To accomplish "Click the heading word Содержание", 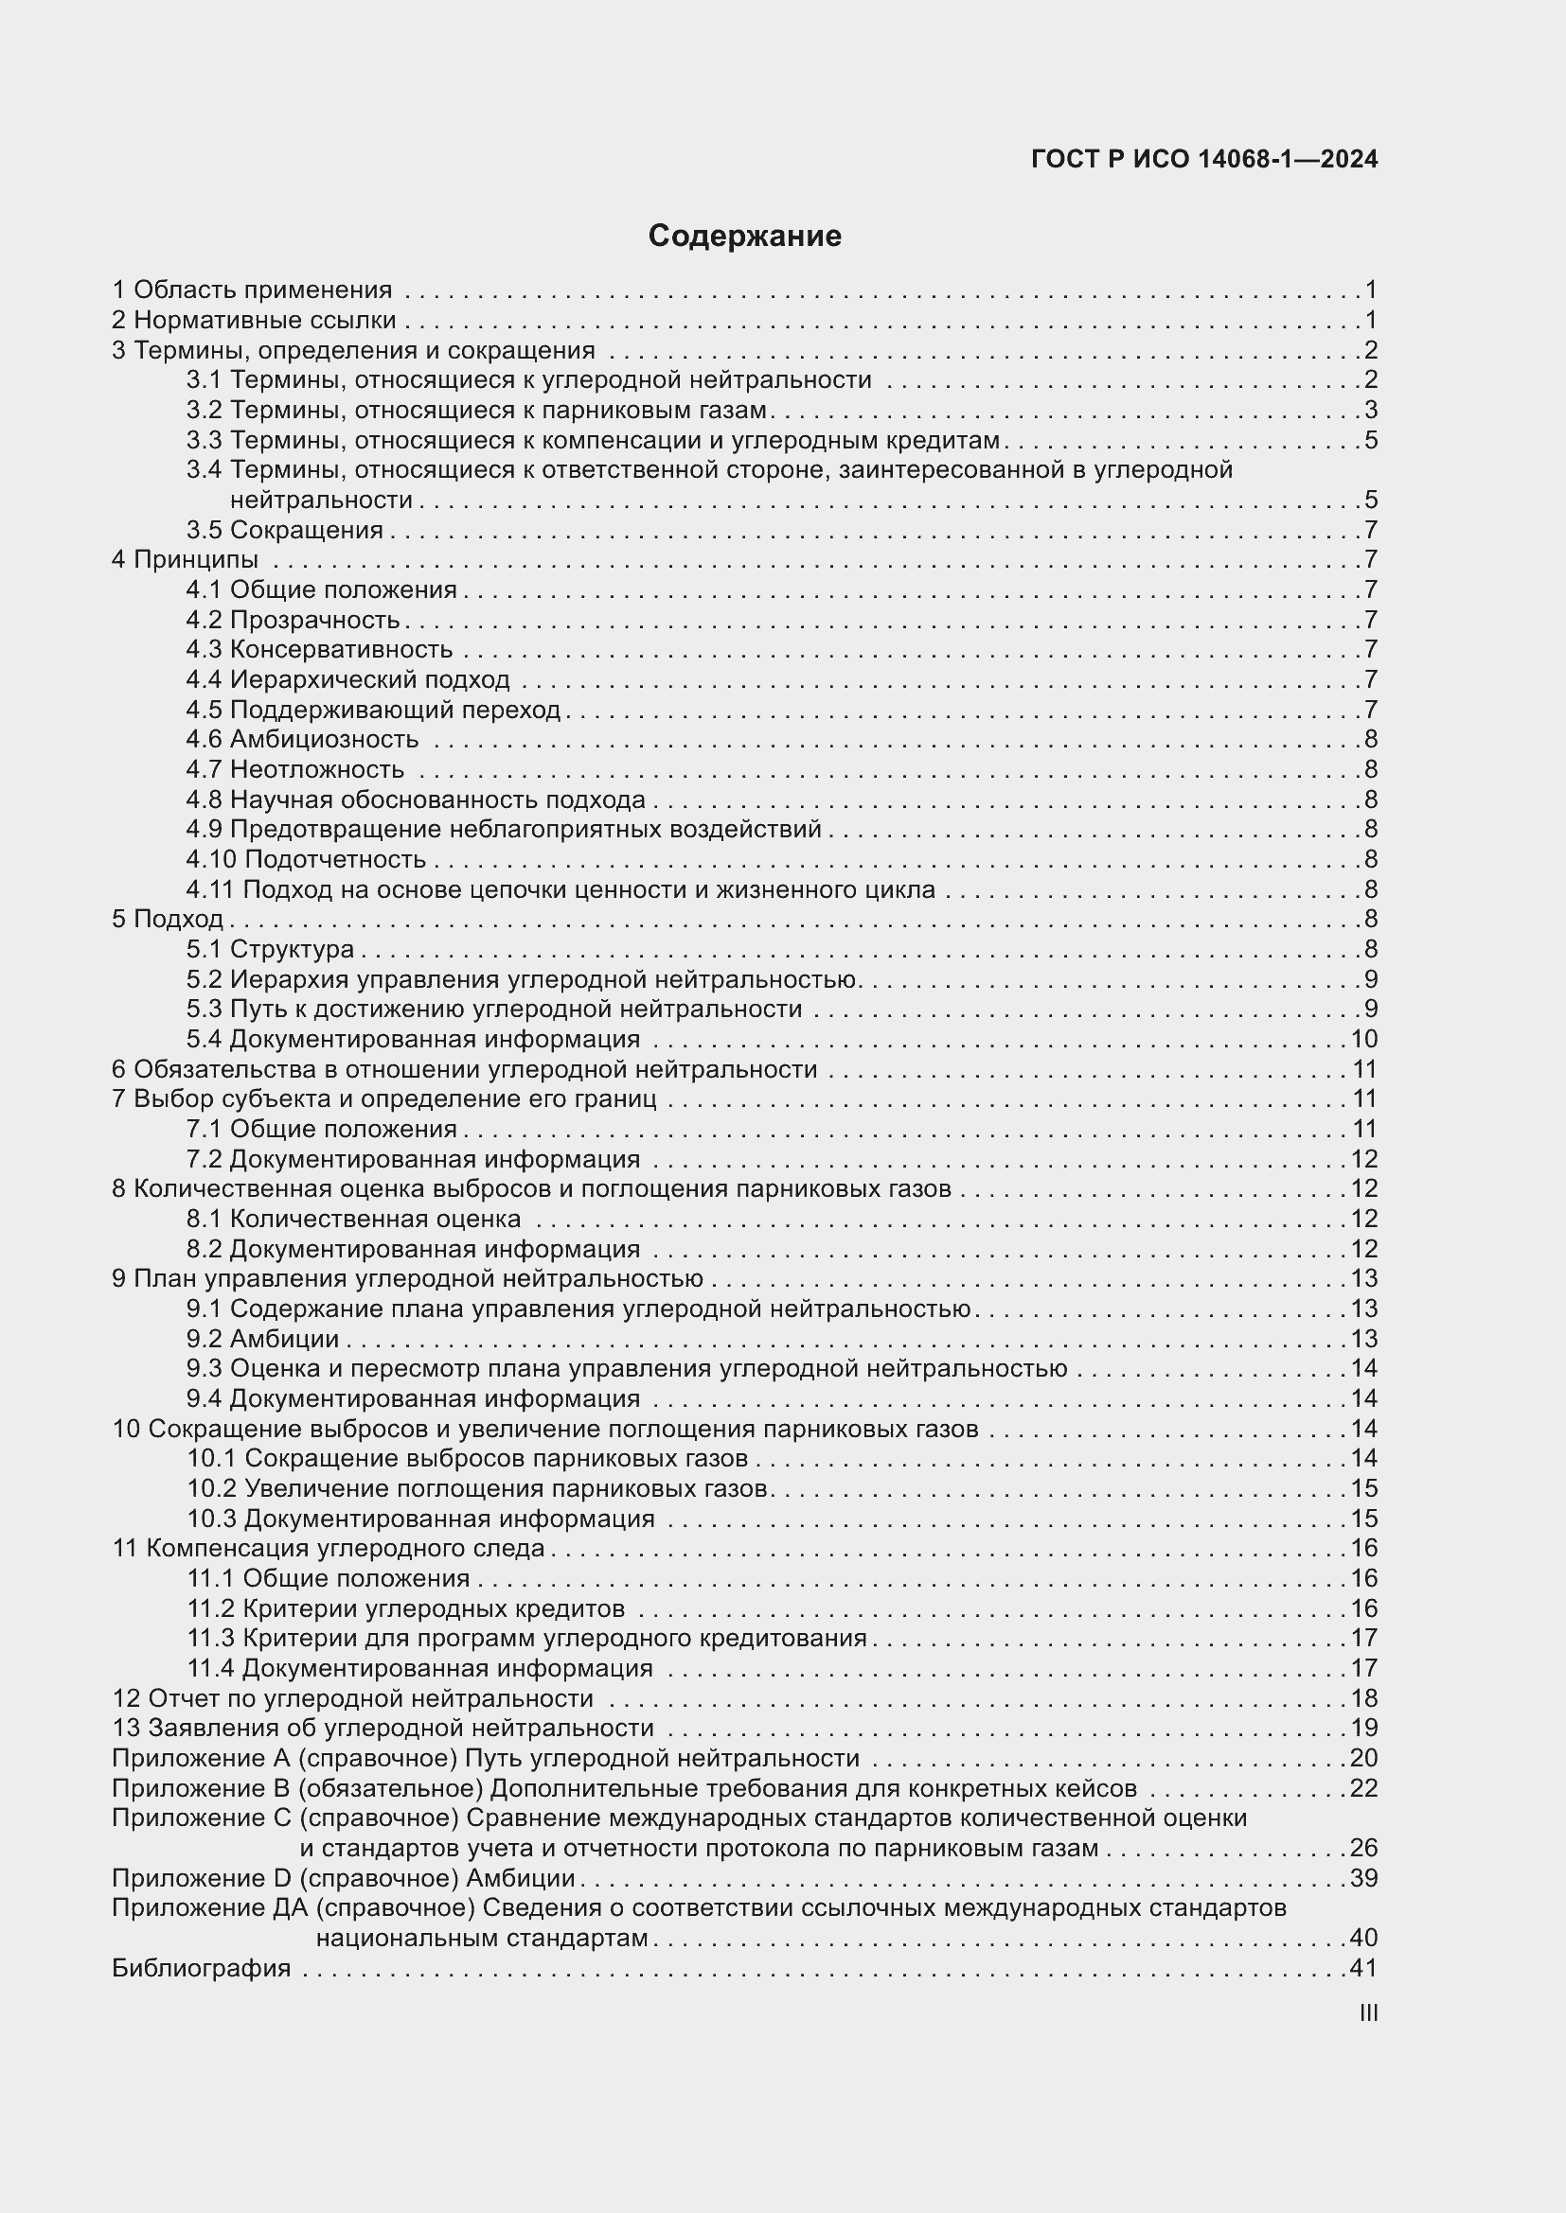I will pos(744,237).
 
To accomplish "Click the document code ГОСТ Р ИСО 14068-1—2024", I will pos(1204,159).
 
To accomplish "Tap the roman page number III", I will pos(1367,2012).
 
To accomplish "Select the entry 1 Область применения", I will pos(253,290).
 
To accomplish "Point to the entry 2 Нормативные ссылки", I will pos(255,320).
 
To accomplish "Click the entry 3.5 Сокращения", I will pos(284,530).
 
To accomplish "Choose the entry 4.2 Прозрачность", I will pos(294,620).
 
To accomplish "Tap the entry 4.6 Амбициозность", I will pos(303,739).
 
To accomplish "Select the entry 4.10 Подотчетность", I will pos(306,859).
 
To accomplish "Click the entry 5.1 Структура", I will pos(270,949).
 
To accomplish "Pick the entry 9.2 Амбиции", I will pos(262,1339).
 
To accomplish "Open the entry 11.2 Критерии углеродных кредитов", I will pos(406,1608).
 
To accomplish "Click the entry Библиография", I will pos(202,1968).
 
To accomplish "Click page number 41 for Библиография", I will pos(1363,1968).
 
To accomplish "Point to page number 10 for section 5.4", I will pos(1363,1039).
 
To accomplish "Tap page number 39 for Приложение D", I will pos(1363,1877).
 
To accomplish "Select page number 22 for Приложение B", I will pos(1363,1788).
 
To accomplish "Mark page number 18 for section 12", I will pos(1363,1698).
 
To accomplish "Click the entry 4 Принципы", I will pos(186,560).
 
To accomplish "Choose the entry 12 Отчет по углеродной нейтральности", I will pos(353,1698).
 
